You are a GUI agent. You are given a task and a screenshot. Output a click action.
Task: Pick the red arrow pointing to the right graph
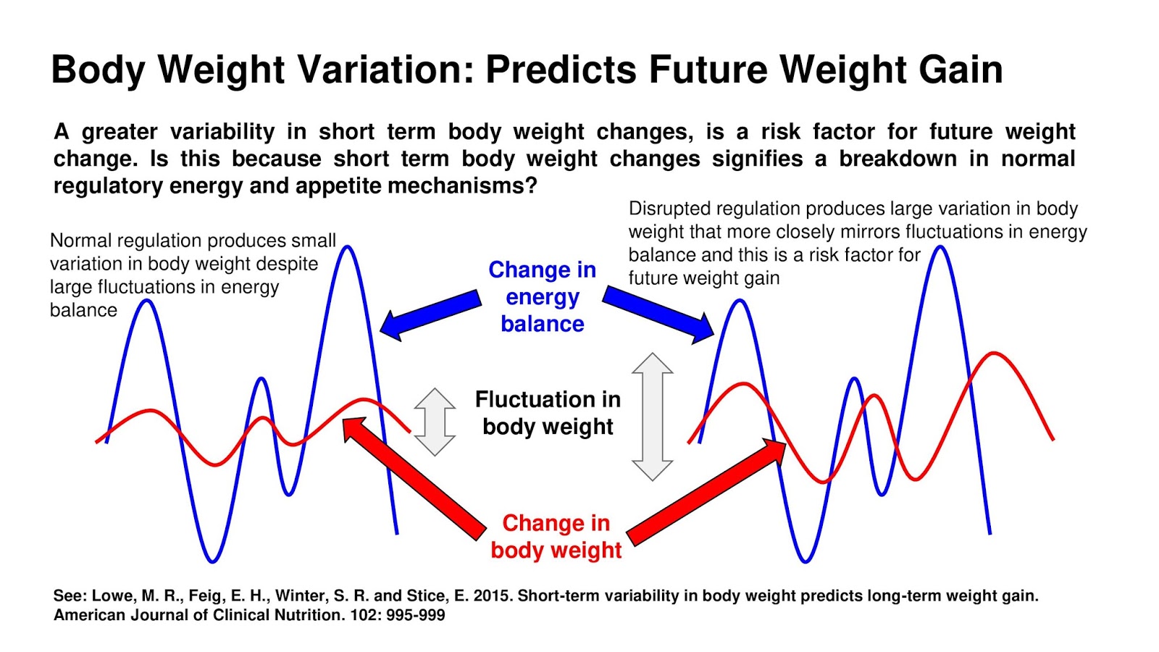point(706,493)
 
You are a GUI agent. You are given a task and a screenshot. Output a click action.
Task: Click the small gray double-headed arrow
point(435,422)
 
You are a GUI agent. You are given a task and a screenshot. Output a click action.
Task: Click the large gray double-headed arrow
point(653,417)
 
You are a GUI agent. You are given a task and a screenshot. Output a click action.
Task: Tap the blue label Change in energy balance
point(542,296)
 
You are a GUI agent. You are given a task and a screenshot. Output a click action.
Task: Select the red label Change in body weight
point(556,536)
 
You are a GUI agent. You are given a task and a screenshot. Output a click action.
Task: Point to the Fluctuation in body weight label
point(548,412)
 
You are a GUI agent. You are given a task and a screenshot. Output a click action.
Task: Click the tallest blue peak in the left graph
point(348,248)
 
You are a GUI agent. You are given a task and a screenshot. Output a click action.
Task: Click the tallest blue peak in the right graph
point(940,248)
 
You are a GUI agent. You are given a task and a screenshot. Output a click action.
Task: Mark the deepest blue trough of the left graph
point(212,560)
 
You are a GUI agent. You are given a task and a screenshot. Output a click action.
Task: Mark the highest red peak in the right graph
point(995,354)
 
